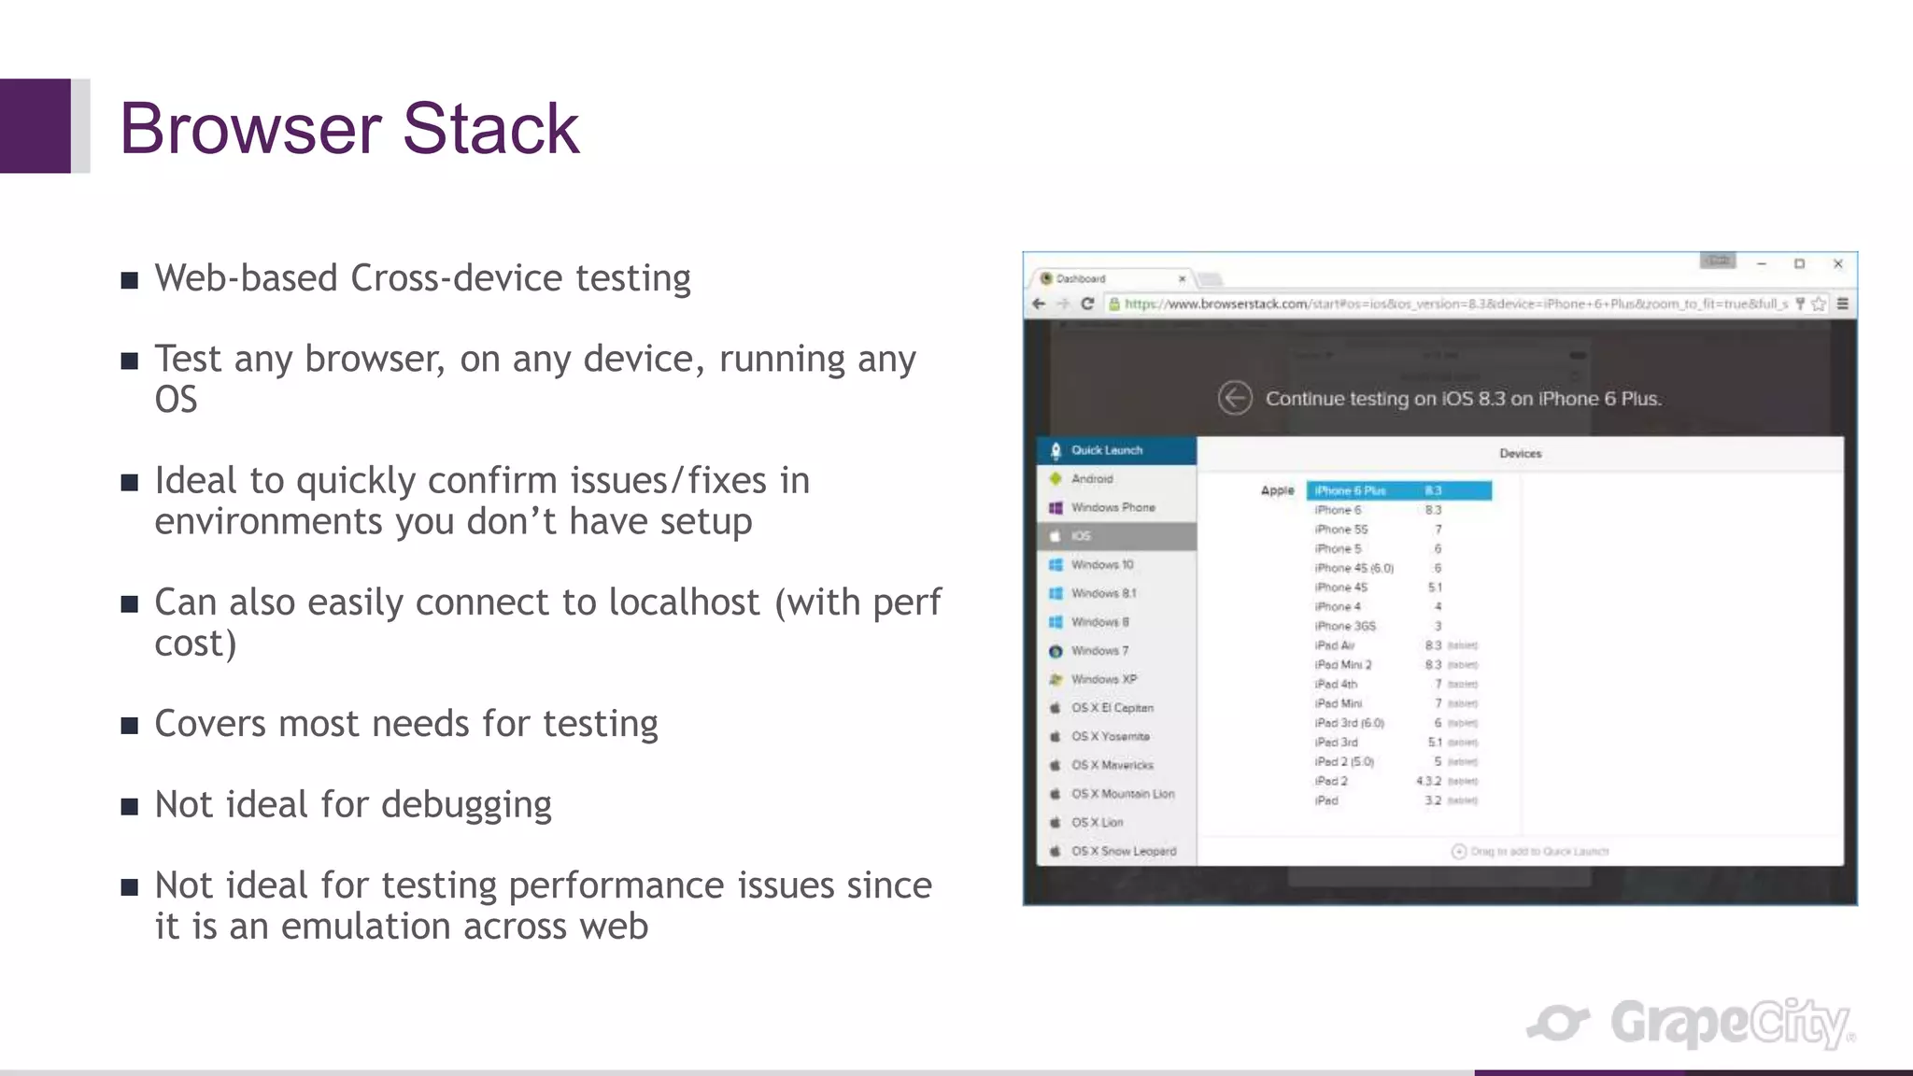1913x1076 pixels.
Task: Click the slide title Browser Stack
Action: point(349,128)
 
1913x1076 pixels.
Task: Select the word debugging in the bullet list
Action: point(466,805)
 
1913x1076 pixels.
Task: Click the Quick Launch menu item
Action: point(1107,450)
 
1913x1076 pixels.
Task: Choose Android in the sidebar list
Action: point(1092,479)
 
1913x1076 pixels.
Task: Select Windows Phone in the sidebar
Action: point(1112,507)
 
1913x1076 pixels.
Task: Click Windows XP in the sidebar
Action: point(1103,679)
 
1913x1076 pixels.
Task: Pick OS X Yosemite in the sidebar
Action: point(1110,736)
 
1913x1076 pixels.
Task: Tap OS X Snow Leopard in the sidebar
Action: point(1123,851)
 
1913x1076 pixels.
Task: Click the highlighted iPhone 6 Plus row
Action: point(1398,490)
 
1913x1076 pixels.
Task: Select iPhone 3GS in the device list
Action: point(1345,626)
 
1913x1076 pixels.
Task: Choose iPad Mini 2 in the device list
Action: point(1343,665)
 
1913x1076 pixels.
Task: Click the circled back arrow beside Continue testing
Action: point(1235,398)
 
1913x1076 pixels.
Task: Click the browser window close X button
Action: point(1837,264)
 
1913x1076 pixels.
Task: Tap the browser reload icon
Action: point(1087,304)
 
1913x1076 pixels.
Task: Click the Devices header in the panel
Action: point(1520,454)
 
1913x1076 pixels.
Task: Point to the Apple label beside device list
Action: point(1277,490)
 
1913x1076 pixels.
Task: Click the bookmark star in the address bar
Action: point(1818,304)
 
